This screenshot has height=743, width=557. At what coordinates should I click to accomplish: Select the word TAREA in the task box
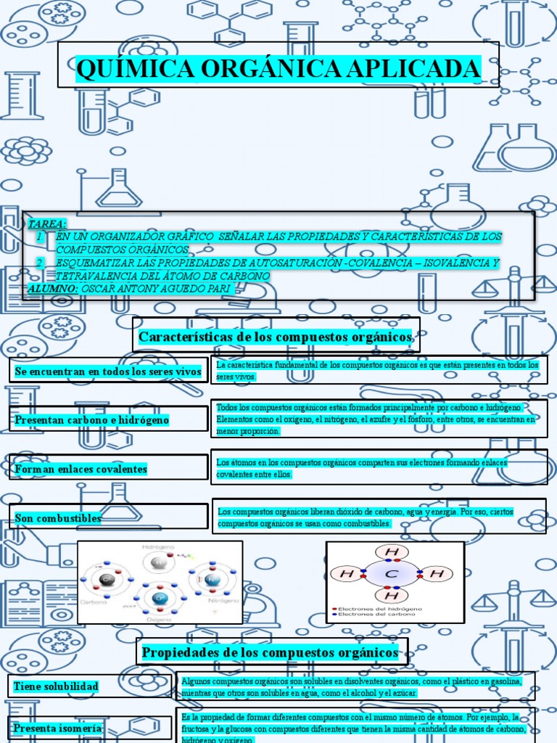(46, 223)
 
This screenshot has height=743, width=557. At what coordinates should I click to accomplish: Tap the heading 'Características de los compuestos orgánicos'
(276, 337)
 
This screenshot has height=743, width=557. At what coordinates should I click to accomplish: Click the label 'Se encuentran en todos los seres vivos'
(107, 371)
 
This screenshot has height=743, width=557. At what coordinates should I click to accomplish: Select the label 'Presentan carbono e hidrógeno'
(92, 420)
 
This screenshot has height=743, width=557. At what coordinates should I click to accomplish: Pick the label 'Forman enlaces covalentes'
(81, 469)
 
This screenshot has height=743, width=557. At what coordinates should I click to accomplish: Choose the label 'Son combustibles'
(58, 518)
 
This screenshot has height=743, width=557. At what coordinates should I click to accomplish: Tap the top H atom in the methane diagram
(393, 551)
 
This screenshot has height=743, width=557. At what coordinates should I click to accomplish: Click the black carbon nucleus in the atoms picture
(107, 578)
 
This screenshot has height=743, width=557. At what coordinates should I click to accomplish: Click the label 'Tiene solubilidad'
(56, 686)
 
